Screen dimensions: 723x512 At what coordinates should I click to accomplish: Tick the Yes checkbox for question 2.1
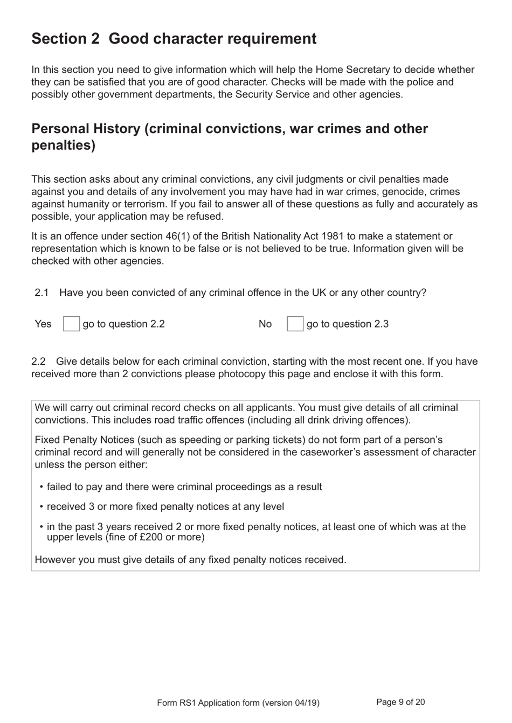point(71,324)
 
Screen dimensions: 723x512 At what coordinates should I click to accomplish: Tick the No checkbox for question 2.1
point(295,324)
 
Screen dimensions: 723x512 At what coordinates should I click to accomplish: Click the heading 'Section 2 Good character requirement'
point(174,39)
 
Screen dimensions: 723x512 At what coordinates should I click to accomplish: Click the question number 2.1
point(41,293)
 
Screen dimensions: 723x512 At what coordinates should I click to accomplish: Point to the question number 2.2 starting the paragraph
point(38,361)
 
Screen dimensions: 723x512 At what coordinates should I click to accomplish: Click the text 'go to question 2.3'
point(347,324)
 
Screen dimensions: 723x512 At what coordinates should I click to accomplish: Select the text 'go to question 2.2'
point(123,324)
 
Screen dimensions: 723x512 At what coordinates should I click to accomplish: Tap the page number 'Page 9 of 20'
point(400,702)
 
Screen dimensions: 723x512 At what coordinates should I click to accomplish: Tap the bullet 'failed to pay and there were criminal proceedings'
point(184,486)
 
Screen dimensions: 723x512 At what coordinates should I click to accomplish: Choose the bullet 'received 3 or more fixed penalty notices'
point(165,506)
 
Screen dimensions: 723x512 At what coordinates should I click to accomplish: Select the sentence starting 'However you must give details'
point(190,559)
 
